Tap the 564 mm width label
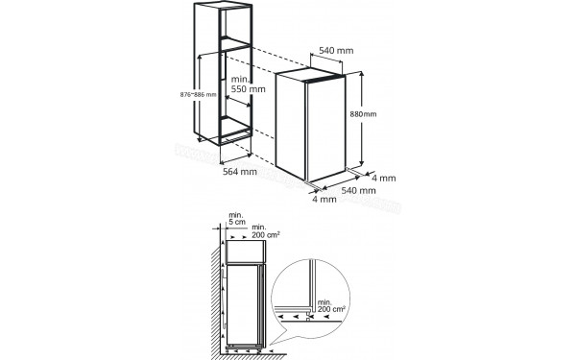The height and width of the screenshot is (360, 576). [235, 173]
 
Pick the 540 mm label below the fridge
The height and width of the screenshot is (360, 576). [346, 190]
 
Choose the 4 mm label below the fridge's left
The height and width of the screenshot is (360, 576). [324, 200]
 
